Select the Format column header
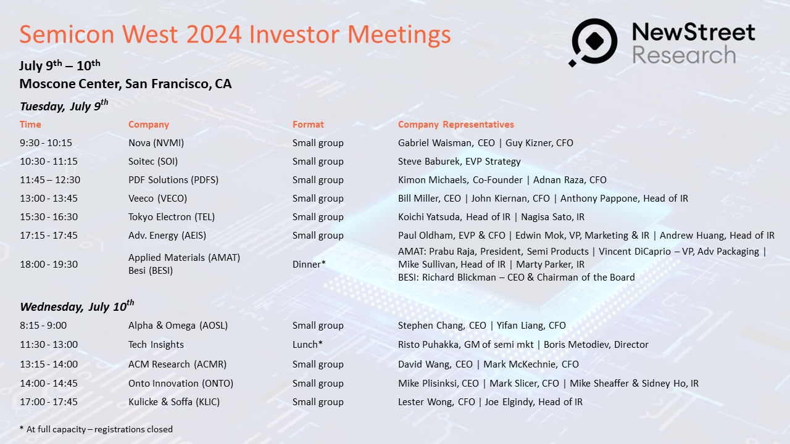(x=308, y=125)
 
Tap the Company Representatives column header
(x=455, y=125)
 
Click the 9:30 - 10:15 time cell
(x=46, y=142)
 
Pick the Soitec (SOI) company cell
(x=153, y=162)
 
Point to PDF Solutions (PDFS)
(x=173, y=179)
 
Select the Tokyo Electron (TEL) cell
(x=172, y=216)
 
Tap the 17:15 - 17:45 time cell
(x=49, y=236)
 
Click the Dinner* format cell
(x=309, y=265)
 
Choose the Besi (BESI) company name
(x=151, y=271)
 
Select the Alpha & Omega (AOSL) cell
(x=178, y=325)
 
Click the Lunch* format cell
(x=307, y=344)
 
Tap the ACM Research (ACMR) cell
(x=177, y=364)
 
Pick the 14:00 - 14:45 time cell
(x=49, y=384)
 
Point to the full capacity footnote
(x=96, y=429)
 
